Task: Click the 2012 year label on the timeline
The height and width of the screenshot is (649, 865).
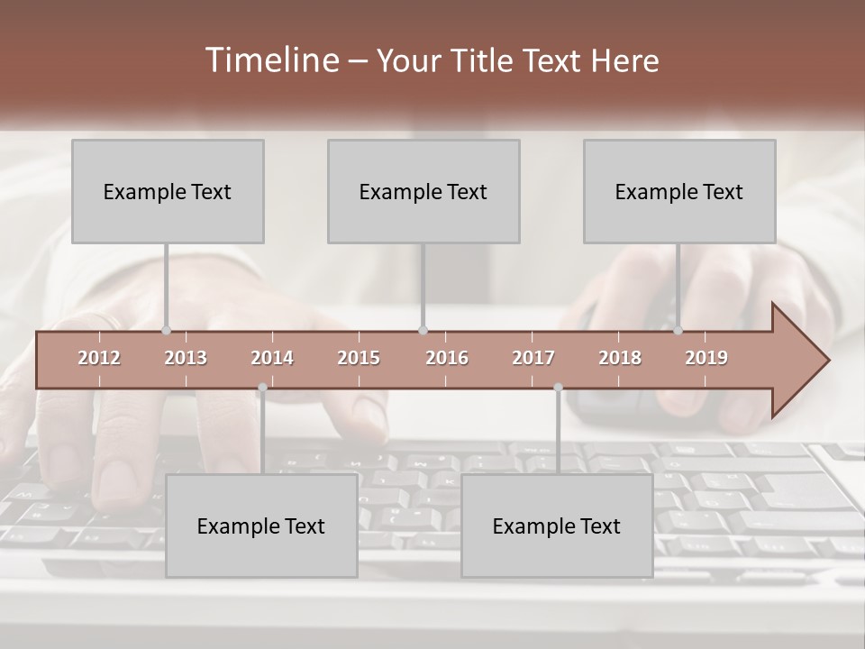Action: (99, 358)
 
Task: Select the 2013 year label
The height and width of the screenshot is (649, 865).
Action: (186, 358)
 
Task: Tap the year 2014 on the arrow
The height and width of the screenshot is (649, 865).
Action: (272, 358)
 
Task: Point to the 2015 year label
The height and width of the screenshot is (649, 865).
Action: (359, 358)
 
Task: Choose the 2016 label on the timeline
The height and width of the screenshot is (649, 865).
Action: (447, 358)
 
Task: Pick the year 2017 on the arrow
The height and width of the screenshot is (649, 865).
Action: (533, 358)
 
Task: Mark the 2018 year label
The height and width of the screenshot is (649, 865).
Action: (620, 358)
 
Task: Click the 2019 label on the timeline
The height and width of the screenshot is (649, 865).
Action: (706, 358)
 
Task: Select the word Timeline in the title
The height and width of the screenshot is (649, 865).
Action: (271, 60)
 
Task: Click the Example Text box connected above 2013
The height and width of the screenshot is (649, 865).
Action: (168, 191)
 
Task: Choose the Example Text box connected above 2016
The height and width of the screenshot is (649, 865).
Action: (423, 191)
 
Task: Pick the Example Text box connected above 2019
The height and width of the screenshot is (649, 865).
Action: (679, 191)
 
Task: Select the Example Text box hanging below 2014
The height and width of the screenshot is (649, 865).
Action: (261, 526)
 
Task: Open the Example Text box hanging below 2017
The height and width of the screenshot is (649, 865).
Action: (557, 526)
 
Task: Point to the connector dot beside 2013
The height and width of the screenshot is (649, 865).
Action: (166, 331)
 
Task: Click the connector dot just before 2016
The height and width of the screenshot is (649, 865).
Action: (423, 331)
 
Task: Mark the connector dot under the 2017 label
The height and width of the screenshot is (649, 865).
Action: (558, 388)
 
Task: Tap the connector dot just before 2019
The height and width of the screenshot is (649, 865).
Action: (678, 331)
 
